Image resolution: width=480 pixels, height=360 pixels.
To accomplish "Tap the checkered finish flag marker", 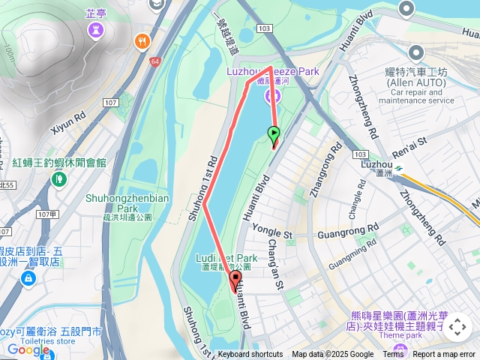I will pos(235,282).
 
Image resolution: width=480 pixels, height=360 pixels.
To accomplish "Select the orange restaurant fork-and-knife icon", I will pos(140,41).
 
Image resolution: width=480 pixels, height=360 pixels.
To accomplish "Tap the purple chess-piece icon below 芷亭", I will pos(96,30).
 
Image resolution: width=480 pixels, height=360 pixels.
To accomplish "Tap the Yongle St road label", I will pos(271,233).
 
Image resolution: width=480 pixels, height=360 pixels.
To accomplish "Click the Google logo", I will pos(28,349).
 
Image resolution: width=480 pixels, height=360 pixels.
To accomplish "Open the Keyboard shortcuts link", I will pos(250,355).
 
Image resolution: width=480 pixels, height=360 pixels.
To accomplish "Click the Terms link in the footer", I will pos(393,355).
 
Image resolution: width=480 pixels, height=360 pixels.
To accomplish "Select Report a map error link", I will pos(445,355).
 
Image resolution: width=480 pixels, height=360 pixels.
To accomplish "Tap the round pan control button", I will pos(457,327).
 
